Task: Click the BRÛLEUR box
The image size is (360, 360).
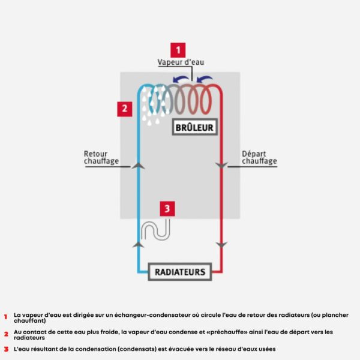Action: pos(194,127)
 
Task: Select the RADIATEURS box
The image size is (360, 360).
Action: pos(179,272)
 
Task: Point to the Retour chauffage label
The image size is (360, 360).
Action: pos(101,157)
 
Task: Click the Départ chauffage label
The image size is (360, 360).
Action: pos(259,157)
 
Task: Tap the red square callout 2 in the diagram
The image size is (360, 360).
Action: pos(124,109)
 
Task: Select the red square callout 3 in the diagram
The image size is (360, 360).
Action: pos(167,208)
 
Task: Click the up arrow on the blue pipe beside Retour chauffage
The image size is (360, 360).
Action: pos(138,163)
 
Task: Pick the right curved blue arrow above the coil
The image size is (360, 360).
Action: pos(206,79)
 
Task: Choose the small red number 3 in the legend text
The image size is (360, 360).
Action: pos(5,349)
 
